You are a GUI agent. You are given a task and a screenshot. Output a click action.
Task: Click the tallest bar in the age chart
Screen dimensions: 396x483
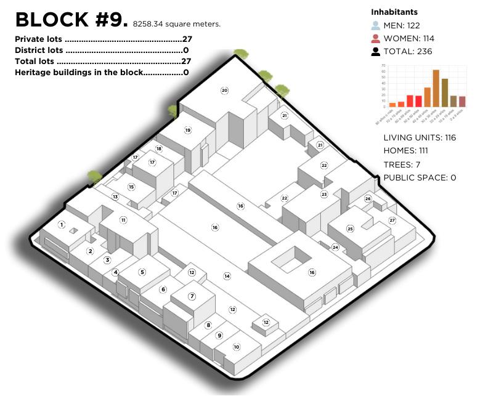point(436,88)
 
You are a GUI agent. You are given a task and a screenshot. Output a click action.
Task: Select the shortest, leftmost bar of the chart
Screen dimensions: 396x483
point(392,105)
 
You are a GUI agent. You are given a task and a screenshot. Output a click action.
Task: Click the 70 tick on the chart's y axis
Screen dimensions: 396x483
point(383,65)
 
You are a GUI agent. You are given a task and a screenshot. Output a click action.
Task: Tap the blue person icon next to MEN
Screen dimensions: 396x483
point(376,26)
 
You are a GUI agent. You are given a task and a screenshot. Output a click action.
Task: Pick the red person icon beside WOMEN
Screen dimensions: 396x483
point(376,38)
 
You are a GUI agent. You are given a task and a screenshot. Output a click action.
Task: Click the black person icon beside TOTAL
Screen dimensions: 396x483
point(376,51)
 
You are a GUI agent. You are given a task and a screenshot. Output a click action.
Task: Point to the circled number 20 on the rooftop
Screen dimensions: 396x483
point(224,91)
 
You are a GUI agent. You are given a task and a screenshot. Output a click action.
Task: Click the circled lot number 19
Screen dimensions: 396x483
point(187,130)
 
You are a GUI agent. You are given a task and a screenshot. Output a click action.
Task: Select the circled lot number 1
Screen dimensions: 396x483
point(62,225)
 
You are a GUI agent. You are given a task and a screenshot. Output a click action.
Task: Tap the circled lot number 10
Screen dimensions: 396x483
point(236,347)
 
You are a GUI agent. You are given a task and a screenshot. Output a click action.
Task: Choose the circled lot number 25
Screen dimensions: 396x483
point(350,228)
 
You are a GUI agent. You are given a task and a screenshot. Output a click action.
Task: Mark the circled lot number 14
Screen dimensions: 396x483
point(227,276)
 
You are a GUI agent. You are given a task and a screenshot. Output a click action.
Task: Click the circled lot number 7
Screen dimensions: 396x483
point(192,296)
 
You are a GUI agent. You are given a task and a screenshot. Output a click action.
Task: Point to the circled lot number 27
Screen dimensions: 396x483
point(392,220)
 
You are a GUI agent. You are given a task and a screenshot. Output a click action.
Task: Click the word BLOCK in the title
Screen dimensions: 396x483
point(52,20)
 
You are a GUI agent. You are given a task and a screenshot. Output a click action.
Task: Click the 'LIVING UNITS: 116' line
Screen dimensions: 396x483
point(419,137)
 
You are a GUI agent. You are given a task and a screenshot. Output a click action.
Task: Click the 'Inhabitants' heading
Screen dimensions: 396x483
point(394,12)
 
